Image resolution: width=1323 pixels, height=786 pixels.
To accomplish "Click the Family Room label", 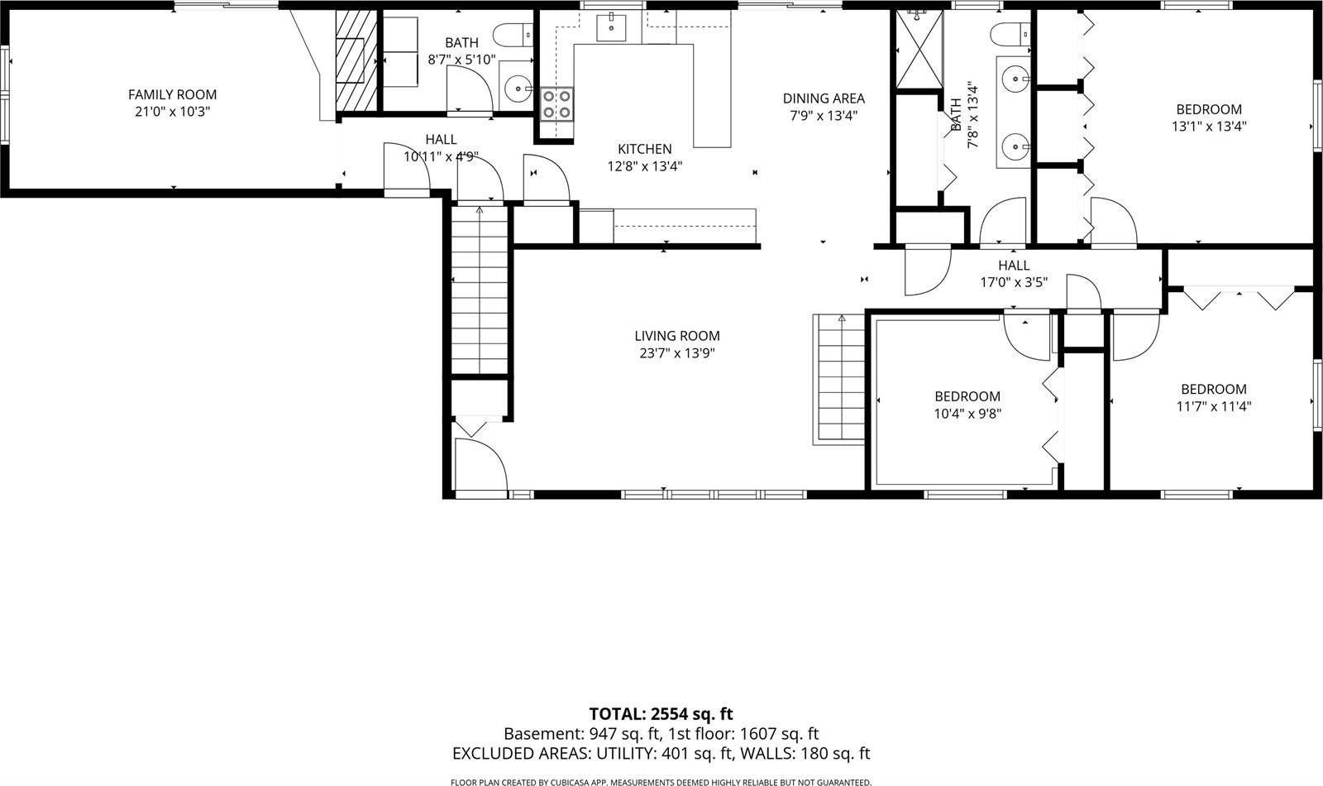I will tap(172, 95).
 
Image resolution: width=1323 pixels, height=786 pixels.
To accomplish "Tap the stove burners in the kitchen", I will tap(556, 104).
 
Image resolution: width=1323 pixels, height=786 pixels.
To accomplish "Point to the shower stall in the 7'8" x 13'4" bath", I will tap(919, 50).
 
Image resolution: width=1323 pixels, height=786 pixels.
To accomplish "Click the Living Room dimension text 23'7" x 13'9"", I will tap(676, 353).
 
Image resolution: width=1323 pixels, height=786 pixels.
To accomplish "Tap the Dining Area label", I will tap(823, 98).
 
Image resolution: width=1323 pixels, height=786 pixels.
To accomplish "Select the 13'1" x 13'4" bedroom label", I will tap(1208, 109).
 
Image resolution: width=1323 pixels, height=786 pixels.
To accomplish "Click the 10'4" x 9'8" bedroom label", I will tap(967, 396).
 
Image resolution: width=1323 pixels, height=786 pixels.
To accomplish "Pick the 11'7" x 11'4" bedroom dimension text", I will tap(1213, 406).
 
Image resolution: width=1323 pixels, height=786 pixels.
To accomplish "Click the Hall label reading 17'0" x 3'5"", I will tap(1013, 266).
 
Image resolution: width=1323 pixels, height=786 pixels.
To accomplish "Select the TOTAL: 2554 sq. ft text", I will tap(661, 714).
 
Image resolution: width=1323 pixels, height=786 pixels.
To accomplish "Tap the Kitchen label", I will tap(644, 149).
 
